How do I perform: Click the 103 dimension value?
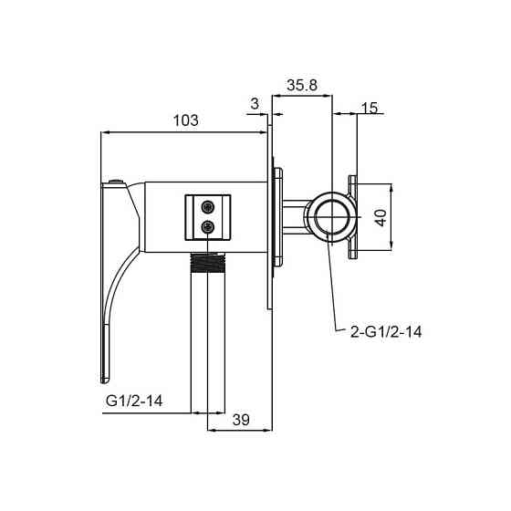click(x=186, y=120)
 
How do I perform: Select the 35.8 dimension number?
click(x=302, y=86)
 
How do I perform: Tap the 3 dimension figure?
click(x=255, y=104)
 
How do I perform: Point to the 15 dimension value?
click(x=370, y=108)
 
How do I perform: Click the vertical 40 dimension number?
click(x=381, y=218)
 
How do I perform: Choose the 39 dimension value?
click(x=241, y=420)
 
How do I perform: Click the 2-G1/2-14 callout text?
click(x=386, y=332)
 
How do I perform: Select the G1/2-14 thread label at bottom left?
click(x=134, y=401)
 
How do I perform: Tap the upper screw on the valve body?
click(x=208, y=206)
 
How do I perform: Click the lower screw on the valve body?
click(x=208, y=226)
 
